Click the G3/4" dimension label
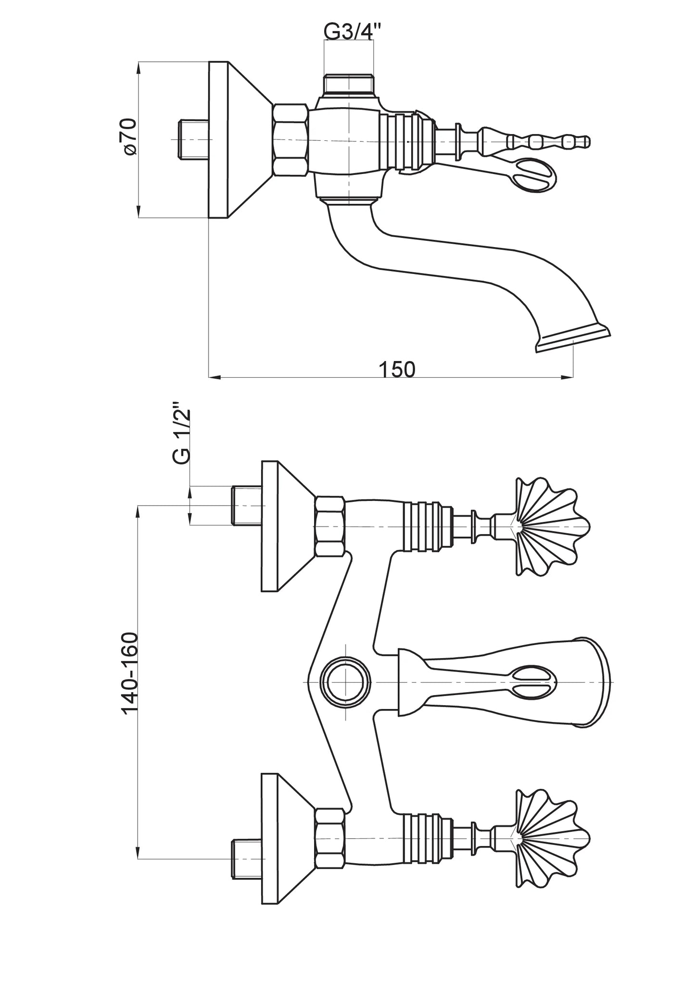tap(353, 32)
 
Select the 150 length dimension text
tap(397, 369)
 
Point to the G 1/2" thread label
tap(181, 436)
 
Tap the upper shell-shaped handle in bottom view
tap(553, 526)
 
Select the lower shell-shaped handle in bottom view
tap(553, 838)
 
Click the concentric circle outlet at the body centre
tap(346, 682)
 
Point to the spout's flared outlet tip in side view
tap(572, 338)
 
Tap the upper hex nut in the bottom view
tap(330, 526)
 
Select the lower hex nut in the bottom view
tap(330, 838)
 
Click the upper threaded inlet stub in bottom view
tap(247, 506)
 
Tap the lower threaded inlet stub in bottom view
tap(247, 859)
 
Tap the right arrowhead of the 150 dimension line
tap(568, 377)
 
